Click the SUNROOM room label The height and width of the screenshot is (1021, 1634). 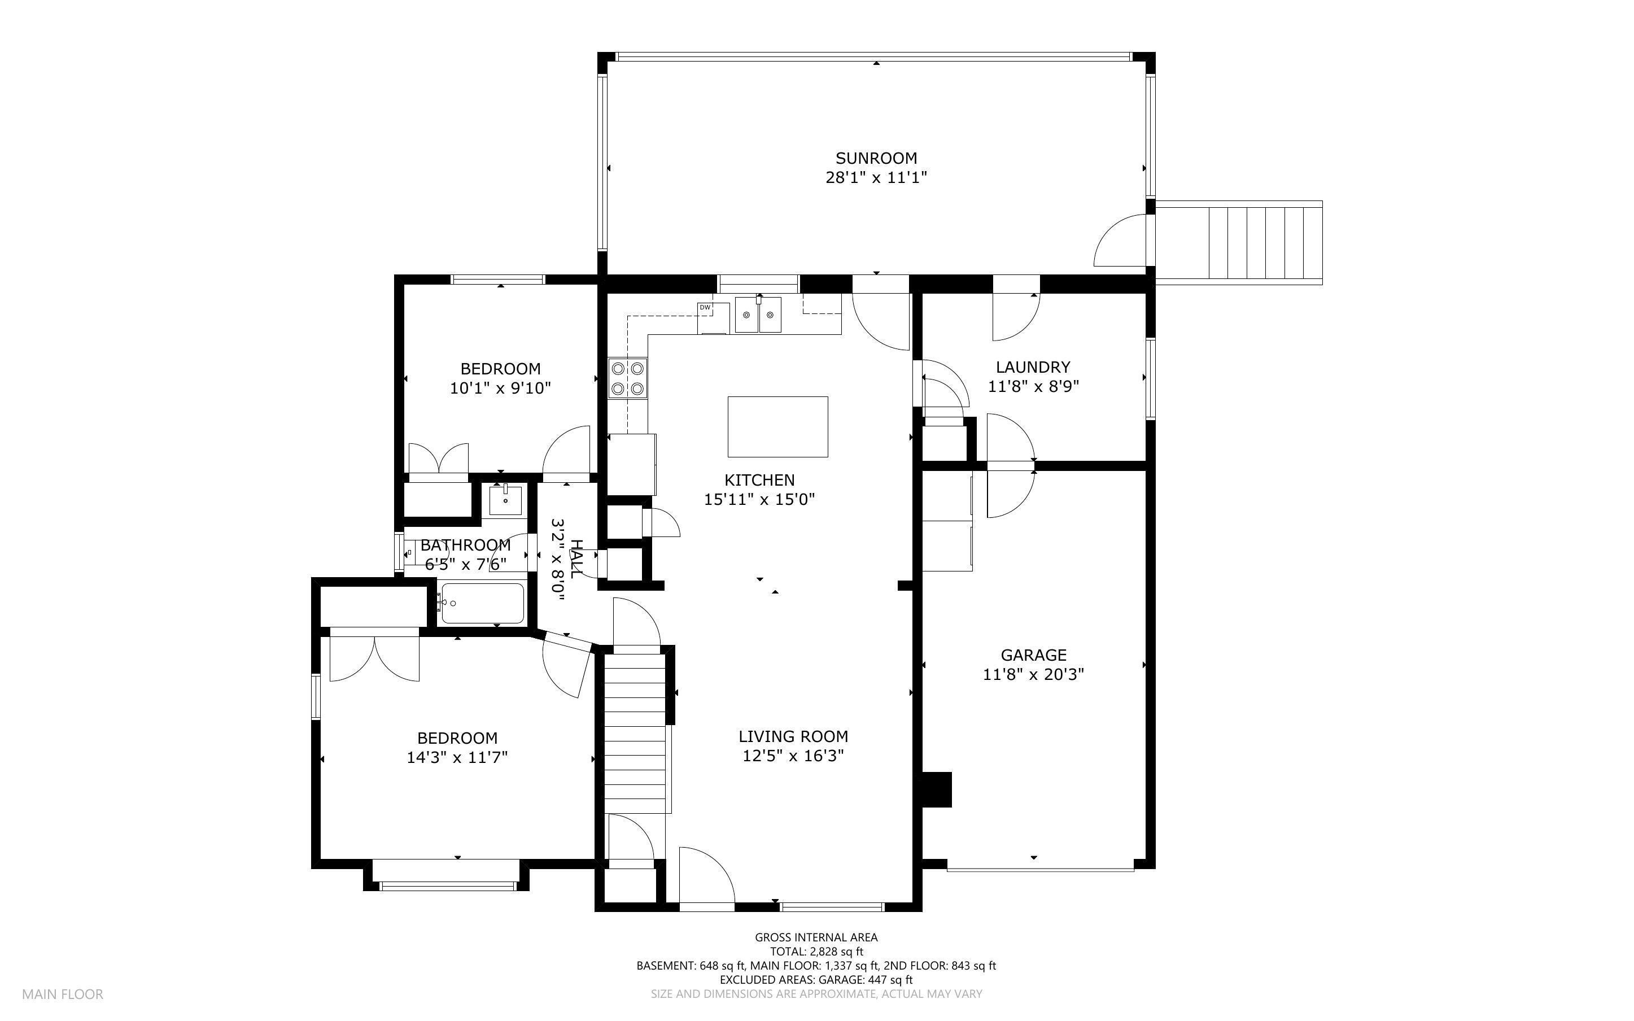point(876,158)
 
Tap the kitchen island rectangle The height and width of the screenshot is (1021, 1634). point(777,427)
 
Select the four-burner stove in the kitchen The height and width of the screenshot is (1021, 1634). point(628,378)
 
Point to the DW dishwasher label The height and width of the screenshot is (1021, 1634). point(705,307)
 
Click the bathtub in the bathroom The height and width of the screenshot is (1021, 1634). point(482,603)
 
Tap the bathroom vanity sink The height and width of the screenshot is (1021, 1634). point(505,500)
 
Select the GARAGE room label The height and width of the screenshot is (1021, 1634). point(1033,655)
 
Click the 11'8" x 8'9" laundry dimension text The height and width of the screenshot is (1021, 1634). point(1033,386)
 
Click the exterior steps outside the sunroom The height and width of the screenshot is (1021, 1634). point(1239,243)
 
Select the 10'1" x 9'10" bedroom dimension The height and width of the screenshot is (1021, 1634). point(500,389)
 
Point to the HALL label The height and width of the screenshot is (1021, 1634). point(576,559)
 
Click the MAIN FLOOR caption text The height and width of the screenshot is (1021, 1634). point(63,994)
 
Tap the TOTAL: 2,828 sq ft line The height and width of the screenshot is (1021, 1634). point(816,952)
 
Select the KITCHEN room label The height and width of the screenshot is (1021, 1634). point(759,480)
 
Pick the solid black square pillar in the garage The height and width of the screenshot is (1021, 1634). point(937,789)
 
